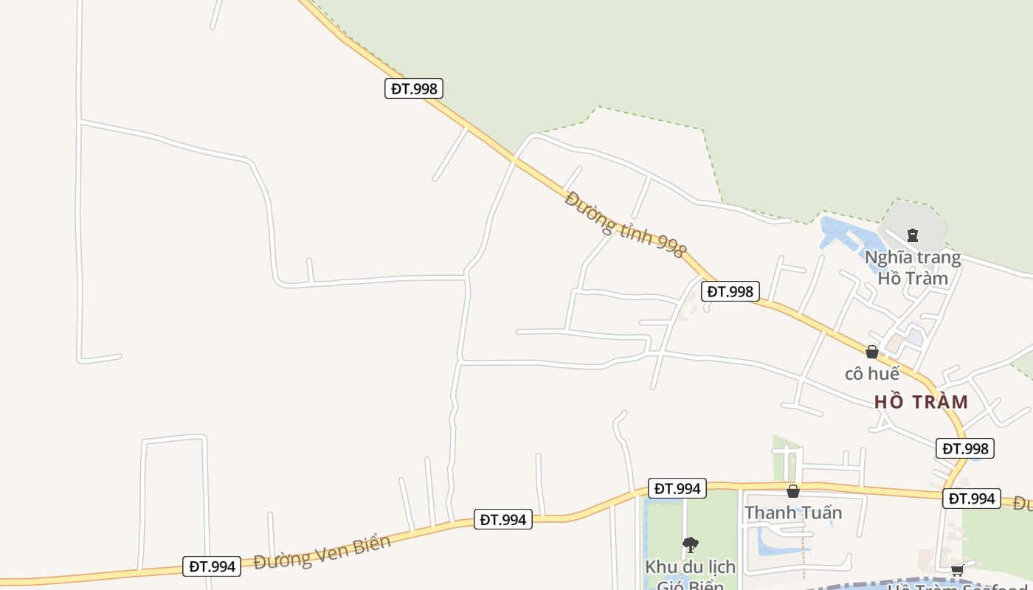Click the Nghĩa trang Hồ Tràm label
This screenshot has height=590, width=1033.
(913, 268)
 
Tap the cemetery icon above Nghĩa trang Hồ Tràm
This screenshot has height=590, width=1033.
(913, 235)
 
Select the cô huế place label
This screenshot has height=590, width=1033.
(872, 374)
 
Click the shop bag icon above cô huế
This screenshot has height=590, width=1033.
(872, 352)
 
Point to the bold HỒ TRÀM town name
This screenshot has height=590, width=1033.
(921, 402)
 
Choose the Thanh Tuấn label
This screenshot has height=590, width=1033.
(793, 513)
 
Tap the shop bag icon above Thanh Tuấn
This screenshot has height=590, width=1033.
(793, 491)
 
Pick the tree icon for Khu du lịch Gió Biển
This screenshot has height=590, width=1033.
(691, 545)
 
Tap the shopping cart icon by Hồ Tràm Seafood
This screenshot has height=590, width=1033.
(957, 569)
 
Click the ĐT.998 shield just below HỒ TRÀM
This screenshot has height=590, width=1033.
(966, 448)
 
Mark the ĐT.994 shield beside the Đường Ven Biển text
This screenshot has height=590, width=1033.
(212, 566)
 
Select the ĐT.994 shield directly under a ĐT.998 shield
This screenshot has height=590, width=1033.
(972, 499)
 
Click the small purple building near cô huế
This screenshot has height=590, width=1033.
(915, 337)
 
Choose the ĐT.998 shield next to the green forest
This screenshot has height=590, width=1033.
(413, 88)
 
